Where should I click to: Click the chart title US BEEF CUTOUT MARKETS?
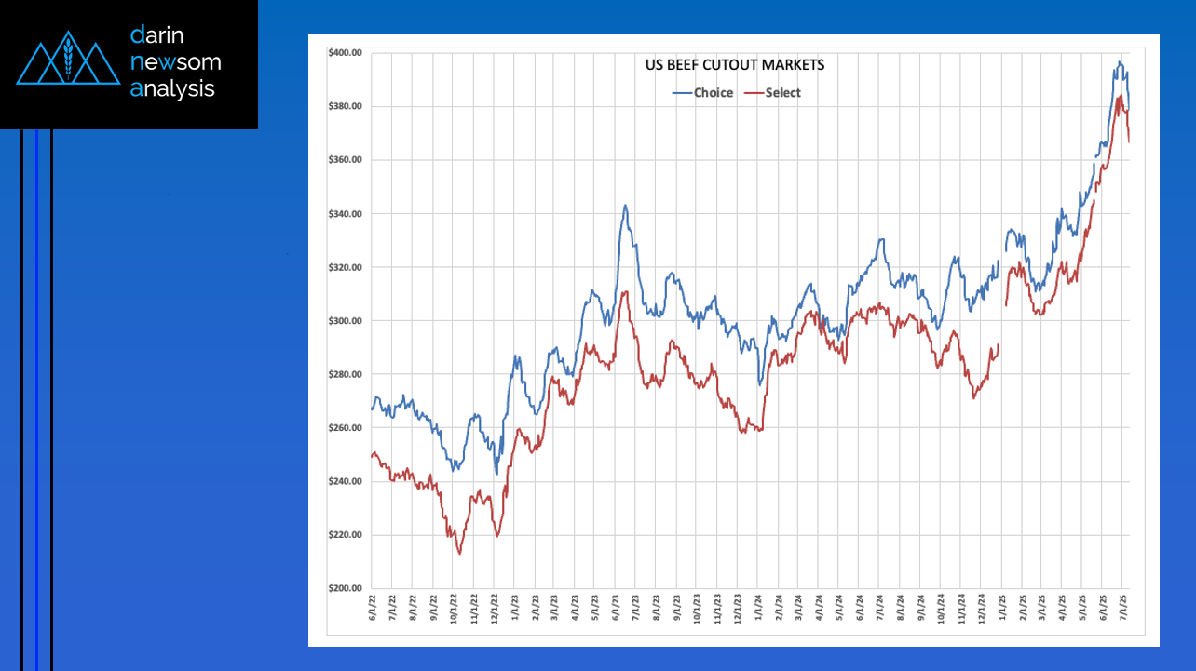coord(735,65)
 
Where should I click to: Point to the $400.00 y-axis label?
coord(345,52)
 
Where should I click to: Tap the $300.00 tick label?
coord(345,321)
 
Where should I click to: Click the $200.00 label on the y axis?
coord(345,589)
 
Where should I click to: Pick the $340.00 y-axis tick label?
coord(345,214)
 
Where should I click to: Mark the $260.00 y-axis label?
coord(345,428)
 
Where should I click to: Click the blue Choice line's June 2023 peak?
coord(626,206)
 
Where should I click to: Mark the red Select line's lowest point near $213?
coord(459,554)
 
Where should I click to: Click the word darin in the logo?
coord(157,35)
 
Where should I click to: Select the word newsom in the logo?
coord(176,62)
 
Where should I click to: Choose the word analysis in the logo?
coord(172,88)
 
